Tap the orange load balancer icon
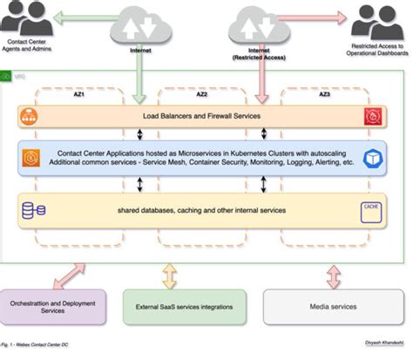(x=32, y=116)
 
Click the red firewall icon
(x=373, y=116)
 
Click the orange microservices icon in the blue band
(x=32, y=158)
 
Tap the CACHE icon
(x=372, y=208)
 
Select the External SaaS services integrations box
(x=182, y=306)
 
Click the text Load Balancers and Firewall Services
(x=200, y=116)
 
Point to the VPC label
(x=19, y=78)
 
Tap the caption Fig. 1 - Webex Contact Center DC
(x=35, y=347)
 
